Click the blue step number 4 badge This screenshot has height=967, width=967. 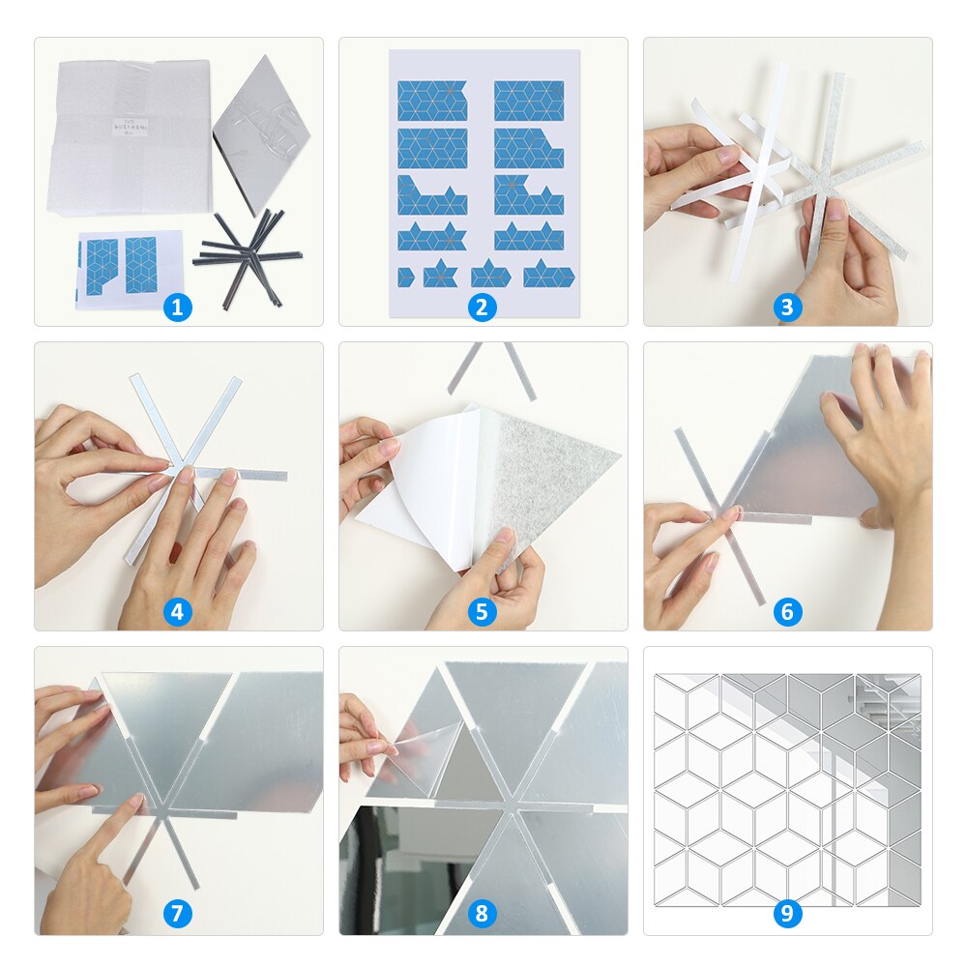coord(177,611)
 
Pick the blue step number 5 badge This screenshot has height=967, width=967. coord(482,611)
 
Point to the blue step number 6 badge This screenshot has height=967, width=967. coord(787,611)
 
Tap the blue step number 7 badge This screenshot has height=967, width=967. coord(177,914)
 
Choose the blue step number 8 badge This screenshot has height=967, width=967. coord(482,914)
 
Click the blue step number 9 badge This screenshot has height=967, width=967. coord(787,914)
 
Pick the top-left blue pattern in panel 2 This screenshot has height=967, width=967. coord(431,101)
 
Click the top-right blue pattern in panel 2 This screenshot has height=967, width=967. coord(529,101)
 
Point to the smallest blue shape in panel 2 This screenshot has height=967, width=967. coord(405,278)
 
